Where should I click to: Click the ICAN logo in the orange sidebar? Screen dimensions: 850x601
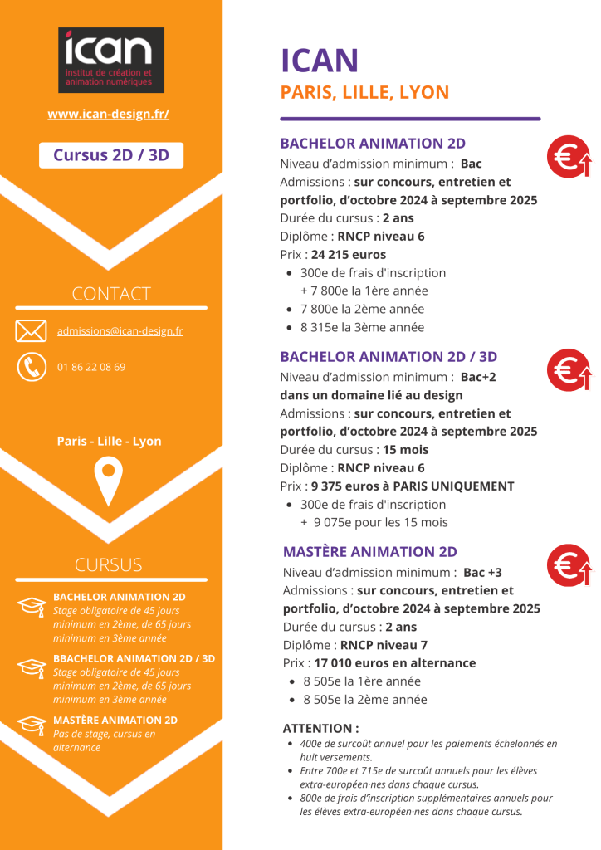point(110,60)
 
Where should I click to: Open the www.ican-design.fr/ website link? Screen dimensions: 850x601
point(109,114)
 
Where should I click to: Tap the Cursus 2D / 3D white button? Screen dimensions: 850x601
point(111,155)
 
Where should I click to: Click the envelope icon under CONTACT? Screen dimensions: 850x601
point(31,330)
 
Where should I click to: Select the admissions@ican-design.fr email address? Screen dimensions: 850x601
point(120,331)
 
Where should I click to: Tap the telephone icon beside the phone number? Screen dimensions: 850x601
point(31,366)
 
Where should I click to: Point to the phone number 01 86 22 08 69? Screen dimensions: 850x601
point(91,367)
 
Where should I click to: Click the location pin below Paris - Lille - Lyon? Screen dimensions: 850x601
point(109,481)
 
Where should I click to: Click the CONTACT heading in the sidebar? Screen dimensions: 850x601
point(111,294)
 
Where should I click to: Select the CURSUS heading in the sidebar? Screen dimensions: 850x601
point(109,565)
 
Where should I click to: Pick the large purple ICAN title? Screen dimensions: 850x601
point(320,61)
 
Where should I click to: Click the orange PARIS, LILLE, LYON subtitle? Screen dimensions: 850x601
point(364,92)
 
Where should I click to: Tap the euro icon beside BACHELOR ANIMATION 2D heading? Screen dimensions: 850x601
point(568,157)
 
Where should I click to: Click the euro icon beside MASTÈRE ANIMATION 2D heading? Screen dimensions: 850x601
point(568,564)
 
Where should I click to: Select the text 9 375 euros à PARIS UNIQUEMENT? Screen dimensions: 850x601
point(413,486)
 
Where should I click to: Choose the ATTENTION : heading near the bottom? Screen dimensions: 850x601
point(320,728)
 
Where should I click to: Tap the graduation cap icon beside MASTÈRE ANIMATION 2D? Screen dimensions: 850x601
point(31,725)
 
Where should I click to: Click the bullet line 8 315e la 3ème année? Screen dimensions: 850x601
point(362,327)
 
